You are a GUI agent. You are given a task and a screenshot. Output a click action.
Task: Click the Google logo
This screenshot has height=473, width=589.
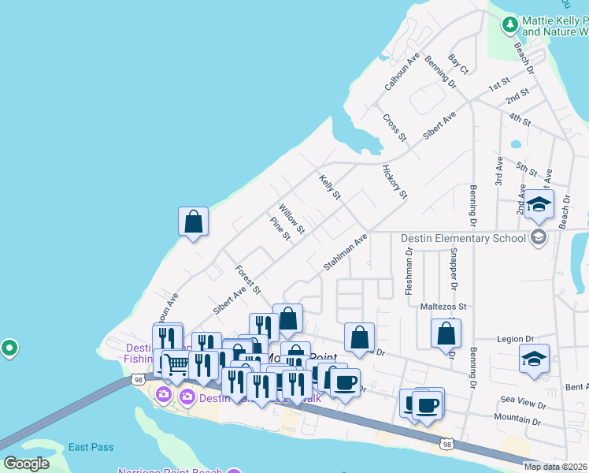27,464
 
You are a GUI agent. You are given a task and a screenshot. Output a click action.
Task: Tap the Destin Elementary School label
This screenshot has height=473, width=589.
463,238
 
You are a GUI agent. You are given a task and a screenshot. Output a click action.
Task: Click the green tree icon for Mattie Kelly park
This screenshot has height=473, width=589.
509,25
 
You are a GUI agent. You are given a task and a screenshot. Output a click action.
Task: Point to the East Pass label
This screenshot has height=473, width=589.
91,447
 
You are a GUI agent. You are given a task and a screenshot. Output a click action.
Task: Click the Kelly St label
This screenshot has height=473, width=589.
330,187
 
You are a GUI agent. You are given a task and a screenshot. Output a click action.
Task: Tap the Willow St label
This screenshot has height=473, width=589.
291,218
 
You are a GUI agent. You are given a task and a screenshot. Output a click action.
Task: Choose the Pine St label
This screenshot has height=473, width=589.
280,229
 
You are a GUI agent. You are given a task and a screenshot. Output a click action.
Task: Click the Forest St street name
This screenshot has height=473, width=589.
247,280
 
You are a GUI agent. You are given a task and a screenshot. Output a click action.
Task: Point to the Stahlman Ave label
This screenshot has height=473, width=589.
346,252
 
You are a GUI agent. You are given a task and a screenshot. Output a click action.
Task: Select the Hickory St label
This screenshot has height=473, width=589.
395,182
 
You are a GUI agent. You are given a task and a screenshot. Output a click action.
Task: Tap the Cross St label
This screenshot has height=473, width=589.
394,128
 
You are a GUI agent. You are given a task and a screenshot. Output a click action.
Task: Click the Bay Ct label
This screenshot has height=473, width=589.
458,65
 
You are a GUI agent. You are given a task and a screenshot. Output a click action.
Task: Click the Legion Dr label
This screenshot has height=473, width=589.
516,339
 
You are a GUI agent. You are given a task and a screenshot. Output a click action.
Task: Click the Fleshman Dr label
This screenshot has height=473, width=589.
409,272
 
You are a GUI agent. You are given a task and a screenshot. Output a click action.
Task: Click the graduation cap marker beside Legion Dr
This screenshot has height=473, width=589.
535,359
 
